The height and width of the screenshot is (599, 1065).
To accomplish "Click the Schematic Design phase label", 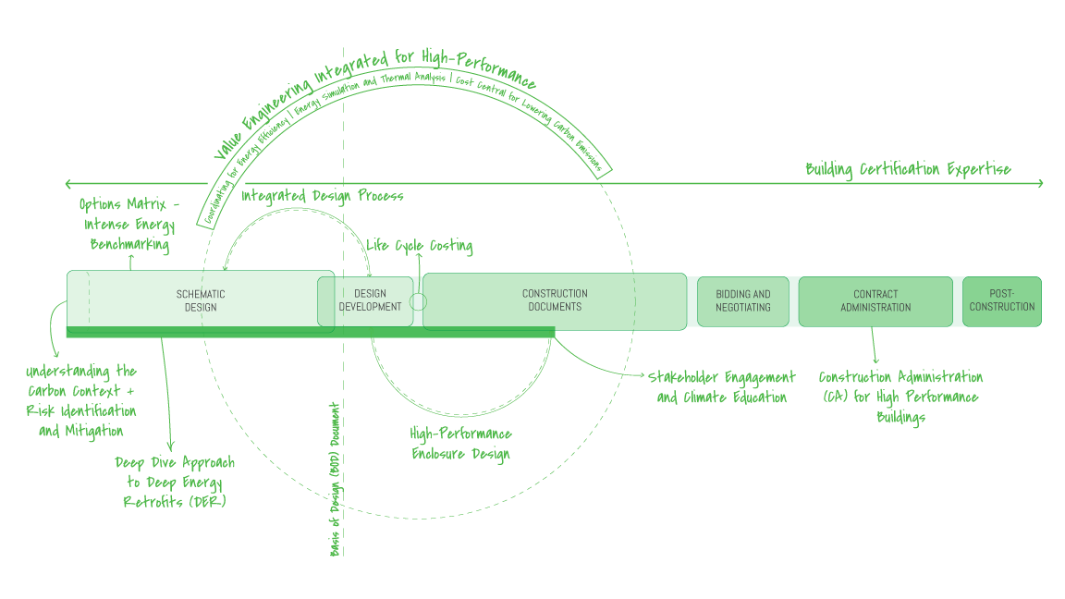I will pyautogui.click(x=201, y=300).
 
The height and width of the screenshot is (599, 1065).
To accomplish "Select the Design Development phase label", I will pyautogui.click(x=370, y=300).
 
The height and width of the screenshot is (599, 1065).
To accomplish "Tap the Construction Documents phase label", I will pyautogui.click(x=555, y=300).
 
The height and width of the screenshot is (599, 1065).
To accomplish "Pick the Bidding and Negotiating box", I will pyautogui.click(x=743, y=301).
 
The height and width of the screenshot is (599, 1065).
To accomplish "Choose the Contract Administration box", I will pyautogui.click(x=875, y=301).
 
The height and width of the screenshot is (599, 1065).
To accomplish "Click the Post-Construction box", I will pyautogui.click(x=1002, y=301).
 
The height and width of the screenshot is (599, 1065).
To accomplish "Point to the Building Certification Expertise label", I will pyautogui.click(x=908, y=169).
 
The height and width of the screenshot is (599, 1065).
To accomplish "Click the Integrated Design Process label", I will pyautogui.click(x=323, y=196).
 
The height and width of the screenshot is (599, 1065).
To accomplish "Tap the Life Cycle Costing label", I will pyautogui.click(x=420, y=246).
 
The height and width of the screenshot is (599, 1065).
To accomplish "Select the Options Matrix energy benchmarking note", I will pyautogui.click(x=129, y=225).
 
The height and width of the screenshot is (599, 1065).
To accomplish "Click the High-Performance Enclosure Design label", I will pyautogui.click(x=460, y=444).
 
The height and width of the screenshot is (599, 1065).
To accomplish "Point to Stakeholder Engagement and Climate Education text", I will pyautogui.click(x=721, y=387).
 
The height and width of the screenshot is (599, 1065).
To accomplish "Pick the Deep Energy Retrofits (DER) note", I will pyautogui.click(x=175, y=483).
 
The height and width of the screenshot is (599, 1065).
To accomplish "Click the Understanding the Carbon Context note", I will pyautogui.click(x=81, y=400).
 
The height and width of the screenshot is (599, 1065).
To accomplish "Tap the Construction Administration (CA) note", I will pyautogui.click(x=900, y=397).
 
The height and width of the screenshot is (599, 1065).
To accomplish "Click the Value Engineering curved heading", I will pyautogui.click(x=370, y=92).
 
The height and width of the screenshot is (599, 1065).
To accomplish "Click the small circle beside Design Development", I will pyautogui.click(x=419, y=301).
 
